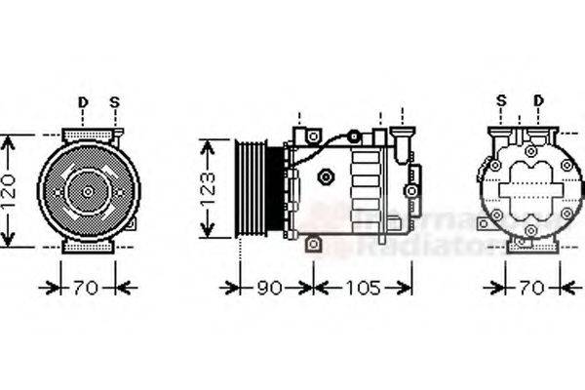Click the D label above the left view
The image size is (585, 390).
point(83,102)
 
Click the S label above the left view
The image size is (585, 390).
point(114,102)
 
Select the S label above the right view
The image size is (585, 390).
point(501,100)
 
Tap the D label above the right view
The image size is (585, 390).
point(538,100)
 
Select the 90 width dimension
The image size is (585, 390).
point(269,288)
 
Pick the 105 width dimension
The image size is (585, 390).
point(363,288)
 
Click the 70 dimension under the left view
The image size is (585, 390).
point(86,288)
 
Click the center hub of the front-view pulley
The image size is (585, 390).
point(88,191)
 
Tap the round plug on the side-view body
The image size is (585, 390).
point(327,176)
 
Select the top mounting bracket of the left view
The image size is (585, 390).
point(88,135)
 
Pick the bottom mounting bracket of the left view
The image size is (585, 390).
point(88,248)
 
